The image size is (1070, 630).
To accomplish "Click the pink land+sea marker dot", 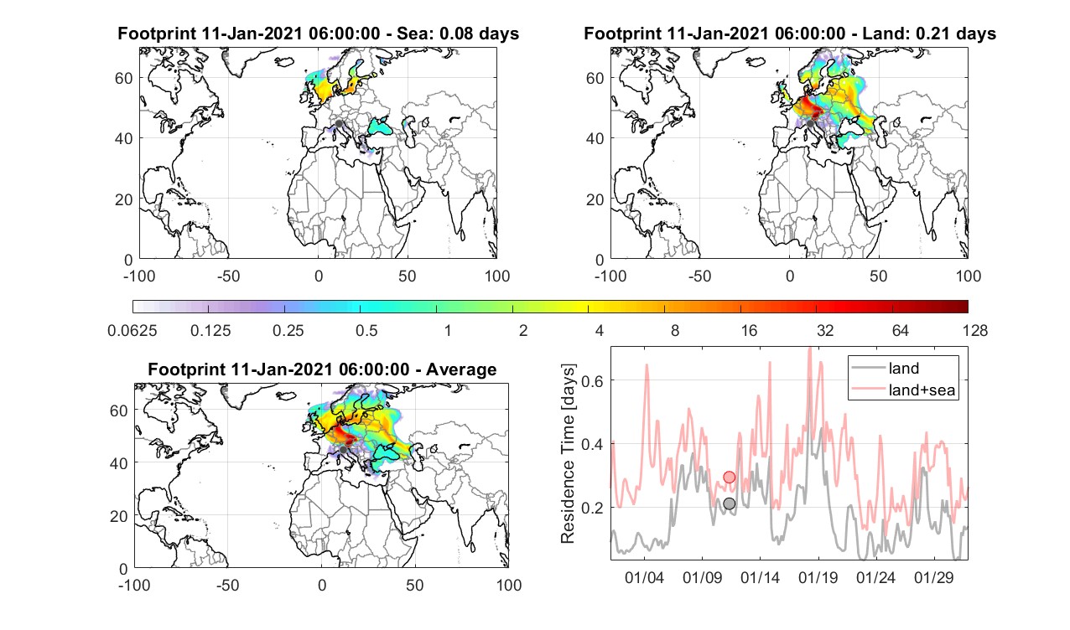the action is [x=729, y=477].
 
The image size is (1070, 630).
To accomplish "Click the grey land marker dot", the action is [x=729, y=503].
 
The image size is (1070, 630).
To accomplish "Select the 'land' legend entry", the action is [x=904, y=368].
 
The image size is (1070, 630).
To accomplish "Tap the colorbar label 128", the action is [x=975, y=330].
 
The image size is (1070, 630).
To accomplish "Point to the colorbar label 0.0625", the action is [x=132, y=330].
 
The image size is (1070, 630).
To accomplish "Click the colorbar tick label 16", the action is [x=749, y=330].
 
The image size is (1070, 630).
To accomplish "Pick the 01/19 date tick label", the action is [x=818, y=577].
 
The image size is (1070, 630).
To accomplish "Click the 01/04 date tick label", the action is [x=644, y=577].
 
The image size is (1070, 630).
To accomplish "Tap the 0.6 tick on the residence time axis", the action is [x=591, y=380].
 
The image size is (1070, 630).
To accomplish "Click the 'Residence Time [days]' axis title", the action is [x=568, y=454].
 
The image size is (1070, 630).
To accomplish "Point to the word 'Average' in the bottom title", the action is [x=461, y=369].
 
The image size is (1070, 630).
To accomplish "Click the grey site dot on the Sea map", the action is [x=339, y=124].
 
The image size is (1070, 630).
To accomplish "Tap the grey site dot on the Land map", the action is [x=810, y=124].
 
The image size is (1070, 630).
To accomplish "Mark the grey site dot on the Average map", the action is [x=343, y=450].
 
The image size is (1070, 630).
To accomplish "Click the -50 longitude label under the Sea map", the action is [x=228, y=276].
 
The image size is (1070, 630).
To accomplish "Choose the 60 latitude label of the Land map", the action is [x=595, y=78].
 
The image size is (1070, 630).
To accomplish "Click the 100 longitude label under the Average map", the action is [x=509, y=585].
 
